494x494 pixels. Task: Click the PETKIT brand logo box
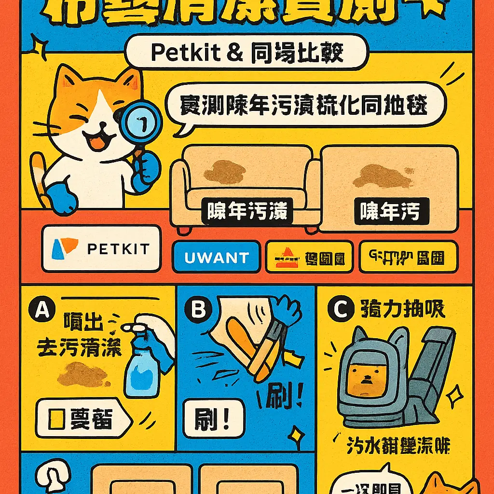point(101,248)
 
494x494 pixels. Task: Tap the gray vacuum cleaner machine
point(396,376)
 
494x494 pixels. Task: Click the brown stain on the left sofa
point(225,171)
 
